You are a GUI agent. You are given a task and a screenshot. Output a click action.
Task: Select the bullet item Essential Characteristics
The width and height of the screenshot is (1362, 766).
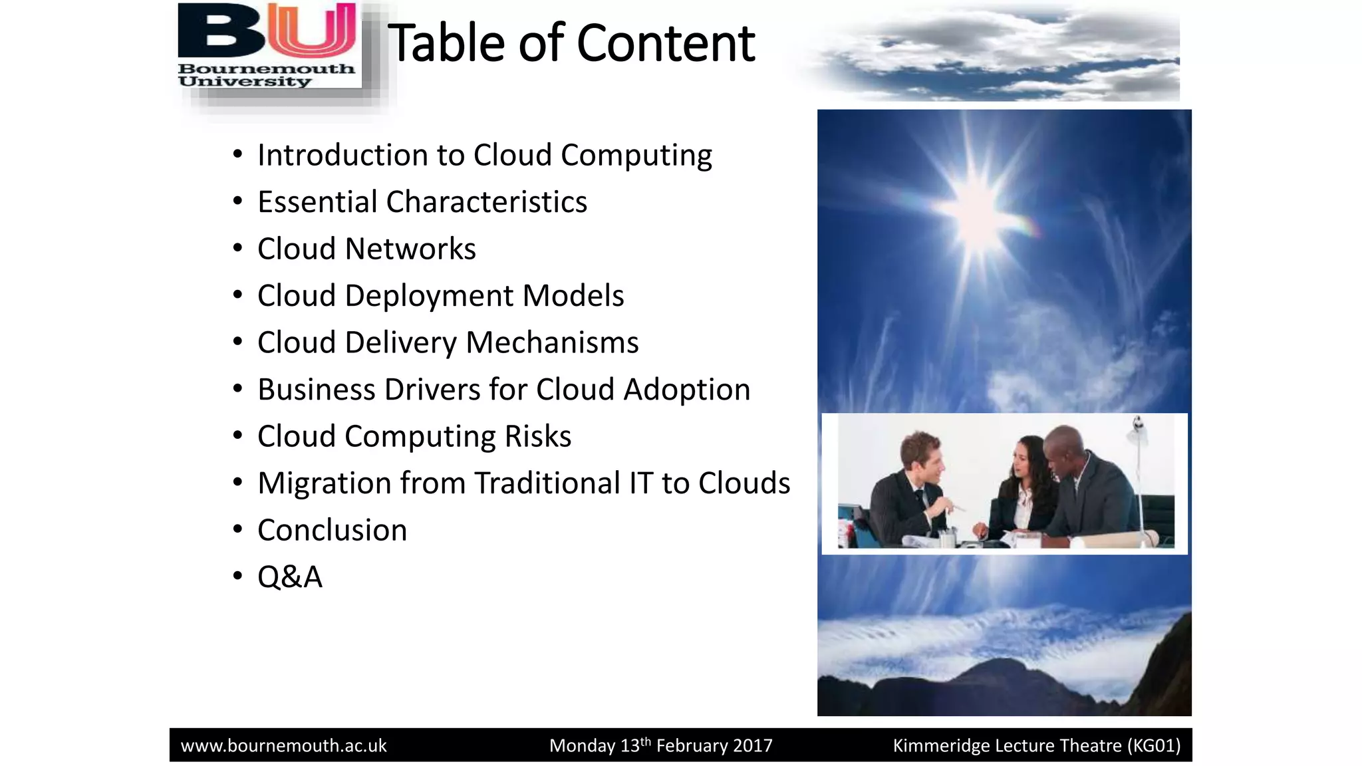pos(422,202)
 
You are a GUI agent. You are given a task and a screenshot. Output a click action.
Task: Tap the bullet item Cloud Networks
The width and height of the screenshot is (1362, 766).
pos(366,249)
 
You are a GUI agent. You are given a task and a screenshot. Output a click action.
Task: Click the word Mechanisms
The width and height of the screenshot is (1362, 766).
pos(552,343)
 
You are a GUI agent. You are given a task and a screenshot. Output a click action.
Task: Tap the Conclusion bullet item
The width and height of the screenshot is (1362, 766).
pos(332,531)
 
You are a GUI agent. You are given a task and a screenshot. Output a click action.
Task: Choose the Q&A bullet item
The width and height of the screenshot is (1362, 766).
pos(290,577)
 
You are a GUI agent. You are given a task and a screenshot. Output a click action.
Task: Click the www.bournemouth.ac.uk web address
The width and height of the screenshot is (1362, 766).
pos(284,746)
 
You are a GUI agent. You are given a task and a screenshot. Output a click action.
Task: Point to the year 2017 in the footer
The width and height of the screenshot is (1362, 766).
pos(752,746)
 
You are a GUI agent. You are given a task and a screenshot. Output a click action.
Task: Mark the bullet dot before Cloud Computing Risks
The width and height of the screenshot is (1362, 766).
pos(238,436)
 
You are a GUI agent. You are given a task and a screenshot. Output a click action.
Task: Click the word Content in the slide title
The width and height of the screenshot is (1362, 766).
pos(666,44)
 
